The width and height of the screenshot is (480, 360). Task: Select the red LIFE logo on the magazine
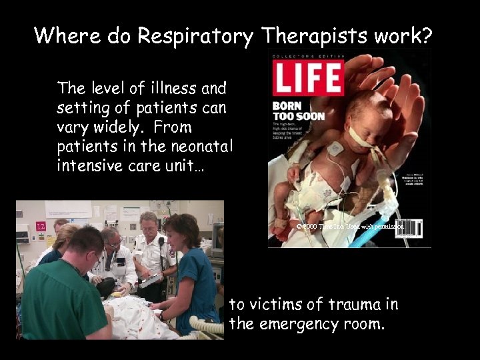[x=307, y=77]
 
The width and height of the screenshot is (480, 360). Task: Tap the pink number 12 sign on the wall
[x=41, y=227]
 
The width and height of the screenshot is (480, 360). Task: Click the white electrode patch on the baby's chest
[x=335, y=149]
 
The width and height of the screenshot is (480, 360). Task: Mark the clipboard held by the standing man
[x=150, y=279]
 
